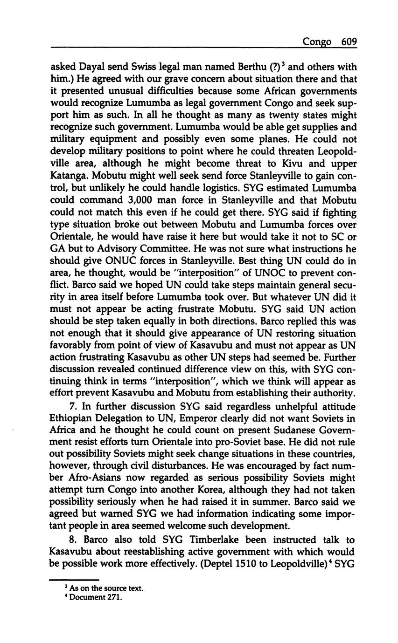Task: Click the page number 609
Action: point(349,41)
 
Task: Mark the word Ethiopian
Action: point(70,418)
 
